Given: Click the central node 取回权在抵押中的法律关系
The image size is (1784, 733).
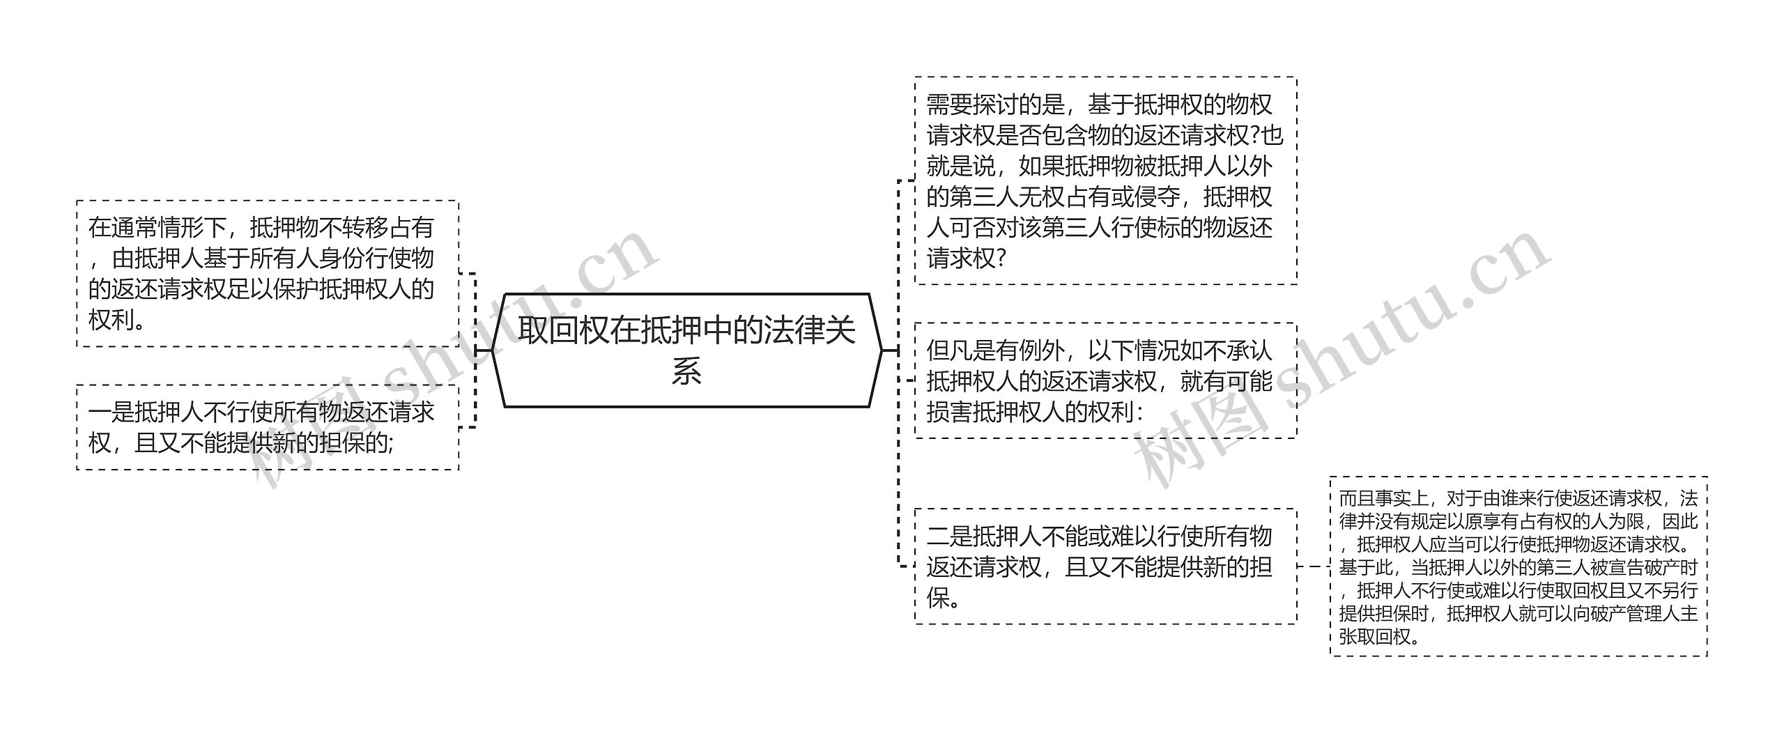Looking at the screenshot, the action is click(x=686, y=350).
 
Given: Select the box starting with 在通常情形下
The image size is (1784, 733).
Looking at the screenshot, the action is click(x=268, y=274).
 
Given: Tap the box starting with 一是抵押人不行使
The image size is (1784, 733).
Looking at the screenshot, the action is click(x=268, y=427).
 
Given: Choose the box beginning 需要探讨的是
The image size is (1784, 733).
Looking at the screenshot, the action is click(x=1105, y=180).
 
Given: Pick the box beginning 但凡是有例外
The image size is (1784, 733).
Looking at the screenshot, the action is click(x=1105, y=380).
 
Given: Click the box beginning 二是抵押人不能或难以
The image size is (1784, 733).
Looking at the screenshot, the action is click(x=1105, y=566).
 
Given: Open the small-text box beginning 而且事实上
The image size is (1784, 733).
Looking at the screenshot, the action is click(x=1518, y=566).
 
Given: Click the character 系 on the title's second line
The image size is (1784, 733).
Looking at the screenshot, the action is click(x=686, y=371).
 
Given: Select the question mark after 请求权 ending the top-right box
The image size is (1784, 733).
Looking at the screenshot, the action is click(x=1001, y=259).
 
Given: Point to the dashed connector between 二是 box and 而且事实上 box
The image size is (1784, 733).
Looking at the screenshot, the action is click(x=1313, y=566).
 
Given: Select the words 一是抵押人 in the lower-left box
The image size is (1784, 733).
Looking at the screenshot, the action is click(x=146, y=412).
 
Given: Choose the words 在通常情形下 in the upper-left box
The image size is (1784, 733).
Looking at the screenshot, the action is click(x=157, y=228).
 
